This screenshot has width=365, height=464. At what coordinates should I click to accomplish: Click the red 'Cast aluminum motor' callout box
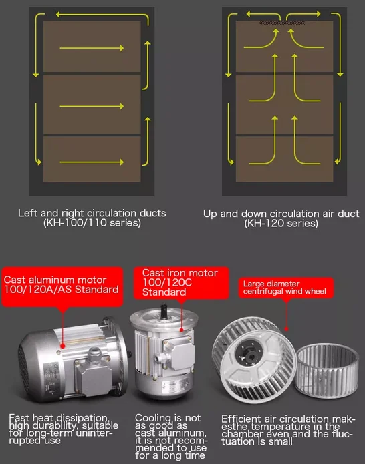coord(62,287)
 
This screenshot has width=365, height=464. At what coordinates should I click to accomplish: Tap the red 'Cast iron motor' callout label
coord(181,283)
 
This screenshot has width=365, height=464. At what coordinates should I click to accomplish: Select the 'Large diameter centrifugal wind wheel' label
coord(286,288)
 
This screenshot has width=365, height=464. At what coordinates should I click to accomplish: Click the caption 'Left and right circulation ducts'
coord(92,213)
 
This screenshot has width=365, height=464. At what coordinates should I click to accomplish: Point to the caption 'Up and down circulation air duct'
coord(281,214)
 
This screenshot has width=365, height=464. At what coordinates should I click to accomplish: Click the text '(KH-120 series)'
coord(281,223)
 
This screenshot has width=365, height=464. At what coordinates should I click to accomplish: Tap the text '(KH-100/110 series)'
coord(92,222)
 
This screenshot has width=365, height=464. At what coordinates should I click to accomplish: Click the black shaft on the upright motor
coord(164,311)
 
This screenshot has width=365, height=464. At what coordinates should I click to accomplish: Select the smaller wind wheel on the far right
coord(327,371)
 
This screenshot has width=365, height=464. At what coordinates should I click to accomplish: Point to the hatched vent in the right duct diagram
coord(282,23)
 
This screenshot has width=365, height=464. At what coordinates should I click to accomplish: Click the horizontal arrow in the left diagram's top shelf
coord(92,48)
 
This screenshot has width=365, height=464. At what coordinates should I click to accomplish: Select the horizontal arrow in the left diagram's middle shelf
coord(92,106)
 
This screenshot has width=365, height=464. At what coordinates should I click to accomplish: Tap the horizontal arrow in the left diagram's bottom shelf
coord(92,162)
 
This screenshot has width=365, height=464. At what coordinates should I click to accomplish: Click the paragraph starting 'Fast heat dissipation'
coord(64,429)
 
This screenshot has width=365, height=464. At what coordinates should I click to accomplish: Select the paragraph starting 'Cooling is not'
coord(171,436)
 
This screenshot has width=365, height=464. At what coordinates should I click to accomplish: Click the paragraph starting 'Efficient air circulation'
coord(287,430)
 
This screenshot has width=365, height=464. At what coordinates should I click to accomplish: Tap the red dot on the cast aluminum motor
coord(63,346)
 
